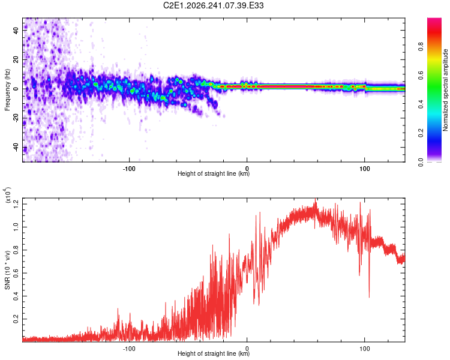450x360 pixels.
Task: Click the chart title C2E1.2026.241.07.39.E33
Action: click(213, 5)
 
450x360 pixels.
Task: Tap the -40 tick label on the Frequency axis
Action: click(16, 148)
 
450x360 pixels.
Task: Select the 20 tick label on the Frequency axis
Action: click(16, 59)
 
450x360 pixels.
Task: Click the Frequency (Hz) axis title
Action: click(7, 90)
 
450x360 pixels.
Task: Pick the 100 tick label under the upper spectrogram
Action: click(364, 169)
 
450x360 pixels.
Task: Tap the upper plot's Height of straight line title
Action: click(214, 173)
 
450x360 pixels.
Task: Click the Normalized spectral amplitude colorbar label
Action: click(445, 90)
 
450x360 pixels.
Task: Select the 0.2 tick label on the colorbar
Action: click(421, 133)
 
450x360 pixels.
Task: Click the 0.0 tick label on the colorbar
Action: click(421, 163)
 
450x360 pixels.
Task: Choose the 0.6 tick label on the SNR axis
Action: click(16, 273)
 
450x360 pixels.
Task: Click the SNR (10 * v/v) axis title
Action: click(7, 270)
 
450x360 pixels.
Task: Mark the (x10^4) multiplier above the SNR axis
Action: click(7, 195)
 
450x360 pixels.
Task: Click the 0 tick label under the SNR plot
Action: click(247, 349)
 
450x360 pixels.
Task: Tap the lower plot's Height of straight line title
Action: click(214, 353)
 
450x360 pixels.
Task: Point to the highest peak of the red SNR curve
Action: click(316, 199)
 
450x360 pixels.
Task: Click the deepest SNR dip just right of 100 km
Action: click(369, 297)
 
